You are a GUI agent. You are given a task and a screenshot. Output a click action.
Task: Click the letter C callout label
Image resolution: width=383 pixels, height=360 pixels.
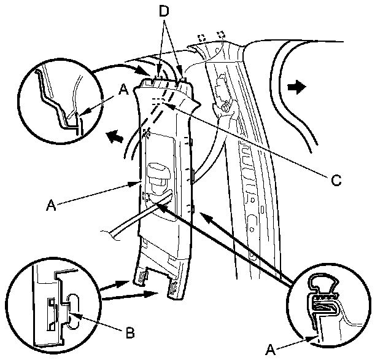click(x=336, y=180)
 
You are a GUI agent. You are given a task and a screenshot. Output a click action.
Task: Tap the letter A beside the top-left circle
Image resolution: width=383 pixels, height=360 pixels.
click(x=123, y=90)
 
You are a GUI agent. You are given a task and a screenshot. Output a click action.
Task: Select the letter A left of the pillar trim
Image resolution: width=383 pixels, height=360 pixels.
click(x=51, y=205)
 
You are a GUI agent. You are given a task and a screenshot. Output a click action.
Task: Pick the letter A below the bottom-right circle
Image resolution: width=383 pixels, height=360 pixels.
click(x=271, y=350)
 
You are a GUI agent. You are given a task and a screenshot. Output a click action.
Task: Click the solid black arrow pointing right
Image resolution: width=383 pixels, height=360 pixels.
click(x=296, y=87)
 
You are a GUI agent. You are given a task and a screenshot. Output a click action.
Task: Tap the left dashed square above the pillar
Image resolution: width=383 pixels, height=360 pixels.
click(x=202, y=37)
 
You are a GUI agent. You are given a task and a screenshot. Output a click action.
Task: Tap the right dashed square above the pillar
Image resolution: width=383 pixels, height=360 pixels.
click(x=222, y=34)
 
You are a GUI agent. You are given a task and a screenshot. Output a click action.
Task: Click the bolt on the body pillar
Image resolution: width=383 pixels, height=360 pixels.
click(x=226, y=107)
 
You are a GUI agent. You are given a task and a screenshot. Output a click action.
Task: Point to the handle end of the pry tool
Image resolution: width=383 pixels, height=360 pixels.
click(x=110, y=234)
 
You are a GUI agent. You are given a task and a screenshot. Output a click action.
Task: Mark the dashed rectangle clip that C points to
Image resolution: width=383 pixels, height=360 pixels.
click(x=157, y=101)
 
